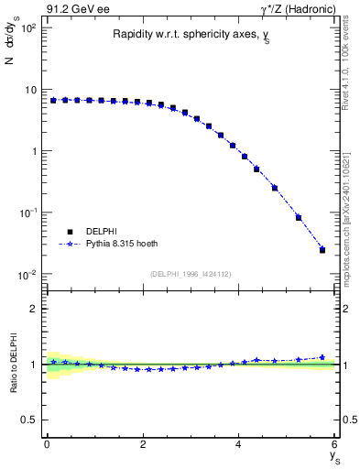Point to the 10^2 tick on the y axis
[27, 28]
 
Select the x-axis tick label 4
[239, 444]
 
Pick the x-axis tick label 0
[47, 444]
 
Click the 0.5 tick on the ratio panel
[30, 420]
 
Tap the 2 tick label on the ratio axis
[34, 309]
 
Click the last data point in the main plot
[322, 249]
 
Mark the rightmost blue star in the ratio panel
[322, 357]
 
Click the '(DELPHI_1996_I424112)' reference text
[191, 273]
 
